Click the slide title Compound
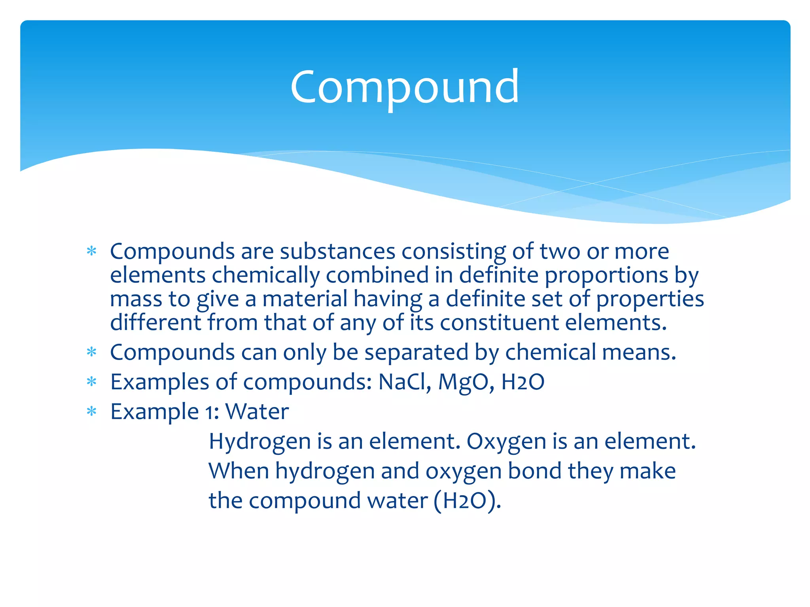coord(404,87)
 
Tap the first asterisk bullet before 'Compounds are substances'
coord(92,251)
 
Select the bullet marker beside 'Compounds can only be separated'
coord(92,352)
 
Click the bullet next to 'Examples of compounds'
coord(92,382)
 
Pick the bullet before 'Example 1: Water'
coord(92,411)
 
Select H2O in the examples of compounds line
coord(522,382)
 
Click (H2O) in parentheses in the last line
coord(467,500)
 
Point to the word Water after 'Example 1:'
coord(257,411)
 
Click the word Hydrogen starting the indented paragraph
coord(259,441)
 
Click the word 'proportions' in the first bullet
coord(606,275)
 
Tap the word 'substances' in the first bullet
coord(337,251)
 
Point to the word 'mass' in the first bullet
coord(136,299)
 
